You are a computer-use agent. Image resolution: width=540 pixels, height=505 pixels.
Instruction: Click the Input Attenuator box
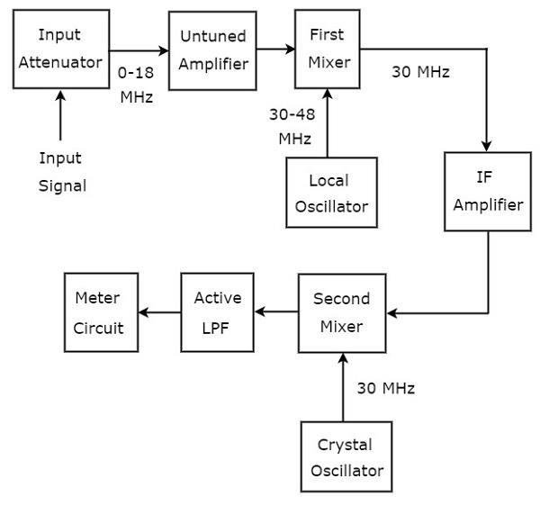(60, 50)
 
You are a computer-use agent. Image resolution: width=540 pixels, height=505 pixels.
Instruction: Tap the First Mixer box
(328, 50)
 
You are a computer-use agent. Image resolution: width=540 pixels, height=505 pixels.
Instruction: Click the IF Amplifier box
(488, 192)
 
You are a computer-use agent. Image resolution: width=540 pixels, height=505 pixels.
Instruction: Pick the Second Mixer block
(342, 313)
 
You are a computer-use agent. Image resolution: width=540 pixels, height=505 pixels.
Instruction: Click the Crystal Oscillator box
(346, 457)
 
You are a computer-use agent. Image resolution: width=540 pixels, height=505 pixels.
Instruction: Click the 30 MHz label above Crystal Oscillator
(386, 388)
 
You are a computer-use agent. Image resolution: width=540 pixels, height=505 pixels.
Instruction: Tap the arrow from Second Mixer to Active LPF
(276, 313)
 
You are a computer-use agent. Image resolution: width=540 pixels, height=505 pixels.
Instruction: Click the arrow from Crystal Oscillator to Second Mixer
(343, 387)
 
